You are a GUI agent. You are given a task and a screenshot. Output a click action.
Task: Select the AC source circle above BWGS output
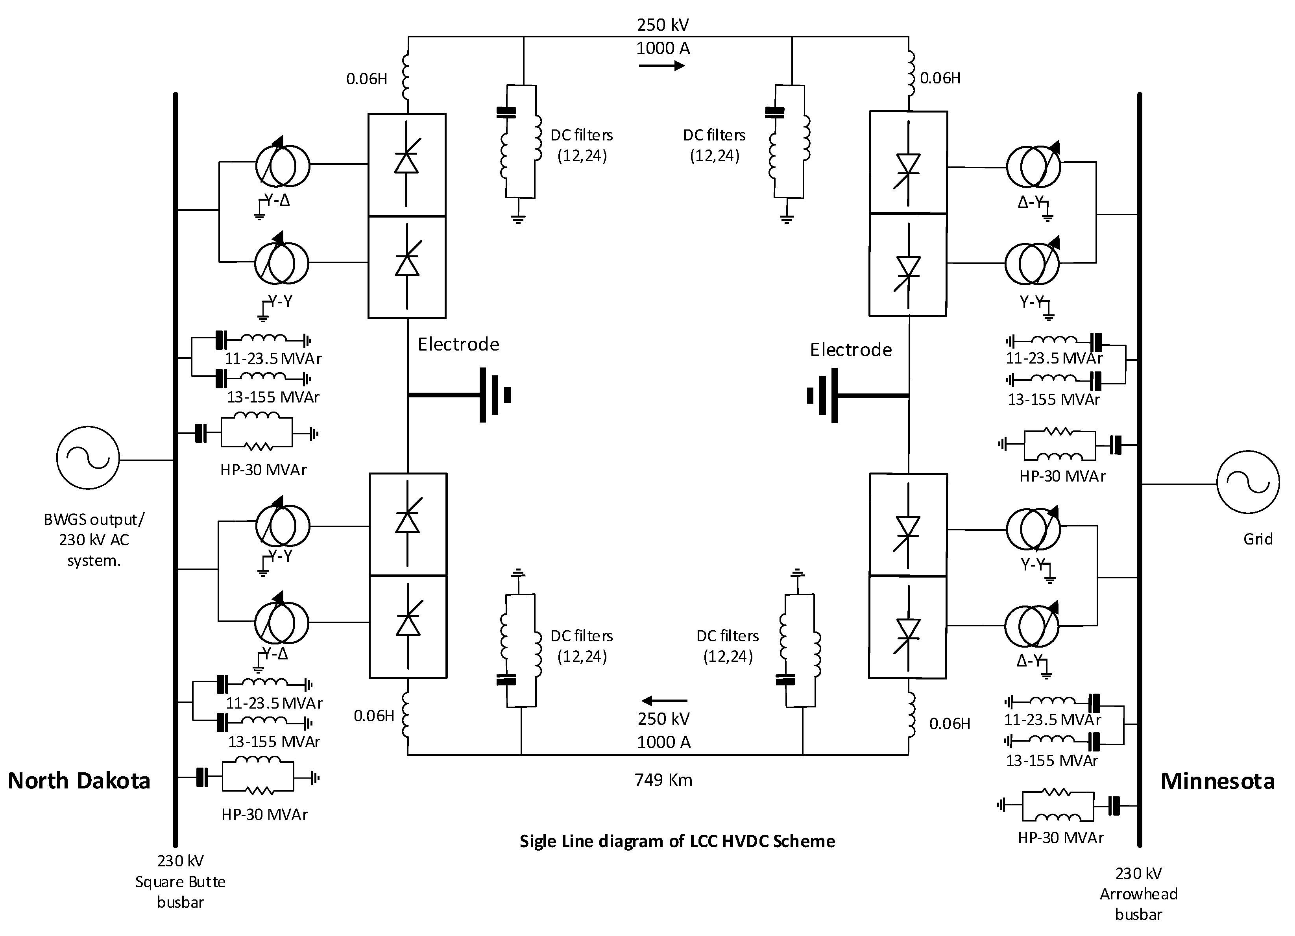point(88,458)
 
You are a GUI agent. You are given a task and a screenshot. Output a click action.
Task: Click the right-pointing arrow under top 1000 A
point(661,66)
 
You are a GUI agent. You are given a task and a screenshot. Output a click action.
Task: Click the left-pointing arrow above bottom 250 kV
point(664,701)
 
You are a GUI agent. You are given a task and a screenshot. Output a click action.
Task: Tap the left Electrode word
point(458,344)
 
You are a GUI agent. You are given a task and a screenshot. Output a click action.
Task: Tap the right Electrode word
point(850,349)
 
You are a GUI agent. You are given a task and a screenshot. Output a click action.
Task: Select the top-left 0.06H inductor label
point(367,79)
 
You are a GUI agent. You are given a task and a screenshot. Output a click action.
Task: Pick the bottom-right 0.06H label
point(950,724)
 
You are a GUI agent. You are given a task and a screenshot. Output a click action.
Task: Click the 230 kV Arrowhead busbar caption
point(1138,894)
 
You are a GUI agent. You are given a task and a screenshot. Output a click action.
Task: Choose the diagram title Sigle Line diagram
point(677,841)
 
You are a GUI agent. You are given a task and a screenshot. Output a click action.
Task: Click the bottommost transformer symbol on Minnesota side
point(1032,626)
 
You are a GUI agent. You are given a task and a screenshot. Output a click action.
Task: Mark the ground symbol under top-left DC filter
point(518,218)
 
